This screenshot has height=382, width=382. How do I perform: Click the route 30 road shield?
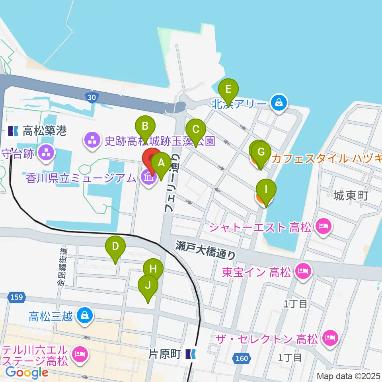click(92, 97)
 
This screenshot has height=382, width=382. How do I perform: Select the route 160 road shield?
click(242, 359)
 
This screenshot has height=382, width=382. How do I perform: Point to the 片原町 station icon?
click(191, 353)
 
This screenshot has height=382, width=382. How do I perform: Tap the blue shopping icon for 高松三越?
click(85, 316)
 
